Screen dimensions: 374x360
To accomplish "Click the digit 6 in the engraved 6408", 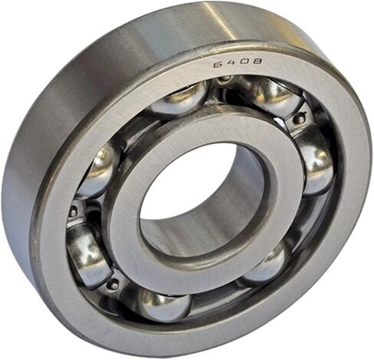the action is click(218, 64).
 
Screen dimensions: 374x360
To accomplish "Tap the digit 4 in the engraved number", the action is click(230, 63).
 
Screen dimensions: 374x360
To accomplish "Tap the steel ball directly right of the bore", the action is click(316, 166).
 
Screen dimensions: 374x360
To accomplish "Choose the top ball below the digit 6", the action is click(179, 98).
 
